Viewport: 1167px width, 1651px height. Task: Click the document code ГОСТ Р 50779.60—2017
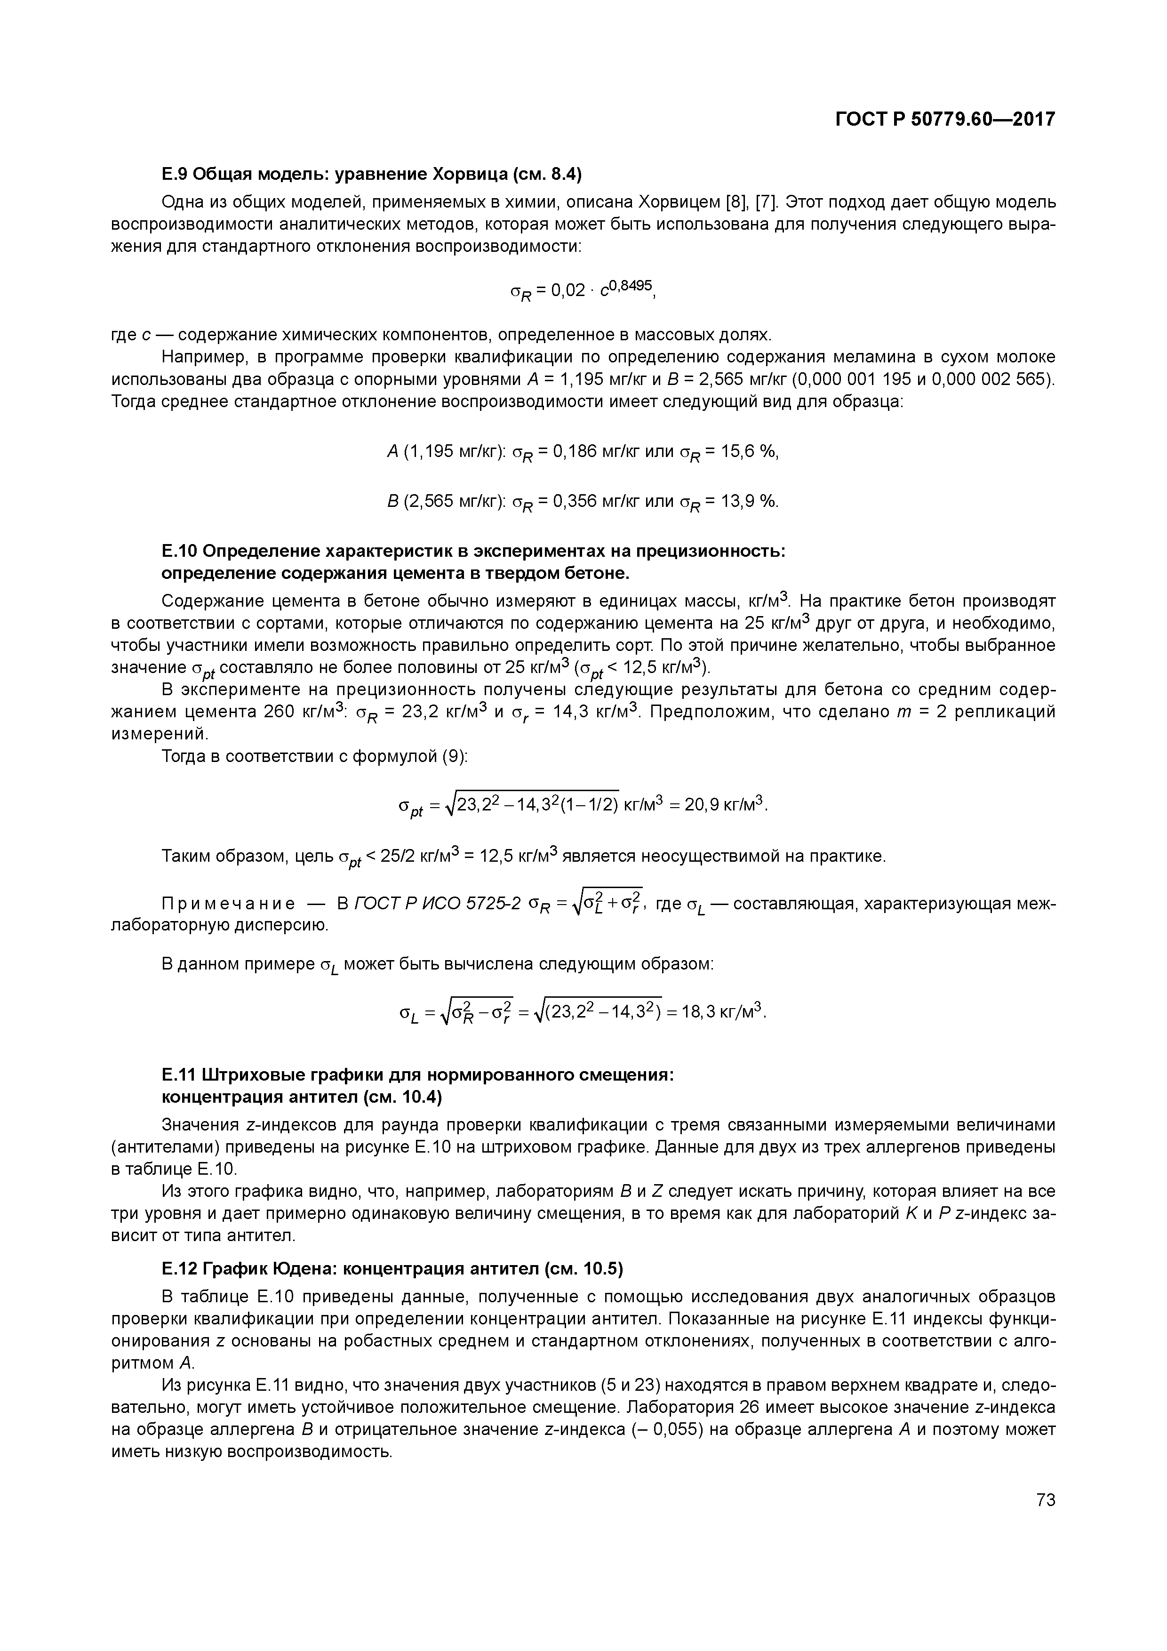click(945, 120)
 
